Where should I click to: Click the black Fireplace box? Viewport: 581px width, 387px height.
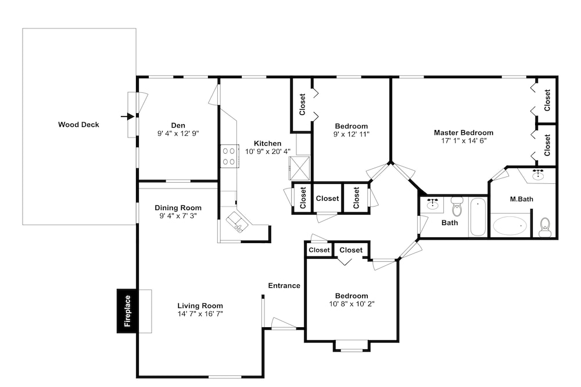coord(127,311)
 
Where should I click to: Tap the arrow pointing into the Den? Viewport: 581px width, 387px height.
coord(127,117)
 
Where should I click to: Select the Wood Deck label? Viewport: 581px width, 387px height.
coord(78,125)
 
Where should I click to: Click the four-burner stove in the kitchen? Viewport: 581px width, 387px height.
coord(229,156)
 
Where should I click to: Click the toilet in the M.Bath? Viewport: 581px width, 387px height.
coord(545,227)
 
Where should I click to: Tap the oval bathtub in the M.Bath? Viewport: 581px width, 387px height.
coord(510,226)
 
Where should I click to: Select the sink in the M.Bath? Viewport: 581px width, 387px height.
coord(537,174)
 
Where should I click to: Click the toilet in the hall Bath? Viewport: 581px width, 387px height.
coord(457,207)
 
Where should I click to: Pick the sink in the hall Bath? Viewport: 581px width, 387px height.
coord(432,204)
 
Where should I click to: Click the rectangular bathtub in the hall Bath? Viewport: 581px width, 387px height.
coord(478,217)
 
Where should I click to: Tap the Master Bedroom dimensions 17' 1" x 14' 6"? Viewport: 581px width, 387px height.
coord(464,140)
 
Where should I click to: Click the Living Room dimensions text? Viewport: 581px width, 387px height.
coord(200,314)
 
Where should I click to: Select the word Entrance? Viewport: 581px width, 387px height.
coord(284,285)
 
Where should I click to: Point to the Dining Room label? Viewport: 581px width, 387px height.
coord(178,208)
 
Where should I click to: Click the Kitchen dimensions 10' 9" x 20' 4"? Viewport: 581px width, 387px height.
coord(268,151)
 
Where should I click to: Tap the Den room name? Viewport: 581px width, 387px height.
coord(178,125)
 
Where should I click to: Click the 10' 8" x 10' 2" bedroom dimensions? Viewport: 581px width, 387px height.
coord(352,304)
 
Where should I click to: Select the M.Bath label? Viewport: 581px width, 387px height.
coord(522,199)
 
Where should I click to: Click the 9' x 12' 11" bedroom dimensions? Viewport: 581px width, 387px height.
coord(352,134)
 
